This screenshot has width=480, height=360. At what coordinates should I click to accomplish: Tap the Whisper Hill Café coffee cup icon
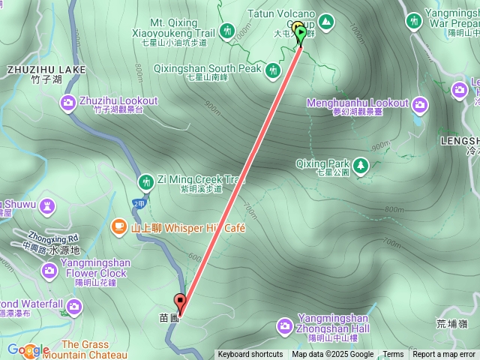(x=118, y=226)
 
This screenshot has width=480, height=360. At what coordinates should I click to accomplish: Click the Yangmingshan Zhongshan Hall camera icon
(x=285, y=325)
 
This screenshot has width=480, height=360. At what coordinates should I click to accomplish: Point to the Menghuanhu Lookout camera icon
(x=419, y=103)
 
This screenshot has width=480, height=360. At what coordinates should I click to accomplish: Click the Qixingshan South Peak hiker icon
(x=274, y=70)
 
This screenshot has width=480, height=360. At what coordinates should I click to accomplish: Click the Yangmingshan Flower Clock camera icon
(x=49, y=270)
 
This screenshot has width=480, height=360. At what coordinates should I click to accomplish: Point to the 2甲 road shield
(x=137, y=203)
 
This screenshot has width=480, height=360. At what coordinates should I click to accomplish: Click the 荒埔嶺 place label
(x=451, y=324)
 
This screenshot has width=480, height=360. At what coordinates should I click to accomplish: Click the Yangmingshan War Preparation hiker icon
(x=413, y=20)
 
